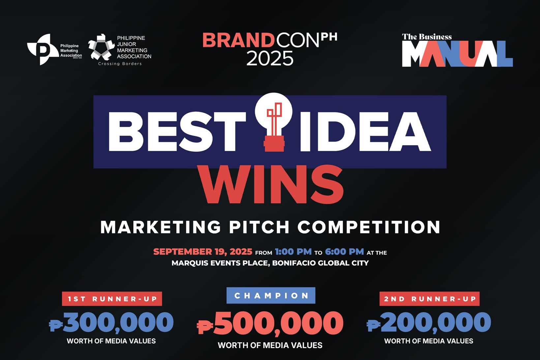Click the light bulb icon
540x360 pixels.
click(274, 122)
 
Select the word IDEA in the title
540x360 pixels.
click(366, 132)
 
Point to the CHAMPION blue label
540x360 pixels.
click(271, 295)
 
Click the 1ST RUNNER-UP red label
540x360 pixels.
click(112, 299)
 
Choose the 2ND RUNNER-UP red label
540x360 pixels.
click(429, 299)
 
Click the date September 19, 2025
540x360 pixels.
click(203, 252)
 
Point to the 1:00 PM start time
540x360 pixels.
click(293, 252)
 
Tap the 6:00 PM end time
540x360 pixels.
click(345, 252)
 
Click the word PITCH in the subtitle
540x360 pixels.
click(259, 227)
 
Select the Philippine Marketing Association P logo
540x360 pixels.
click(43, 49)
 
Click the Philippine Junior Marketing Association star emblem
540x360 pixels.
click(101, 47)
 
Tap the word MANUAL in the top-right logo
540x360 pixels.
click(457, 53)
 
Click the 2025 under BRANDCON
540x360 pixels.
click(270, 58)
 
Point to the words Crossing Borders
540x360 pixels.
click(120, 64)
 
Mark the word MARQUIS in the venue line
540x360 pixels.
click(190, 263)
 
